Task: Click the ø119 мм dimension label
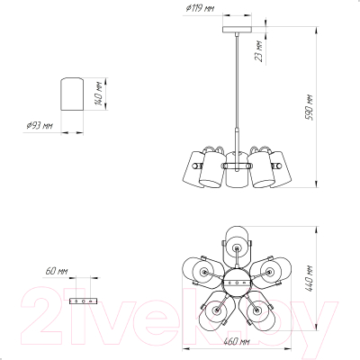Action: [x=200, y=8]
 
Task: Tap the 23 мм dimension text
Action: [x=259, y=51]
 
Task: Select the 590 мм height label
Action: [x=310, y=107]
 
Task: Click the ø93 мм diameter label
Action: [x=40, y=125]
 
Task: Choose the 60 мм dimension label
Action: [x=57, y=271]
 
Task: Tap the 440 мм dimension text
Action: [x=309, y=278]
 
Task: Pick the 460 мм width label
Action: [x=237, y=341]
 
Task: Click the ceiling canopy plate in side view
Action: [x=237, y=30]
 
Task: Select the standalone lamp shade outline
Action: [x=72, y=94]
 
